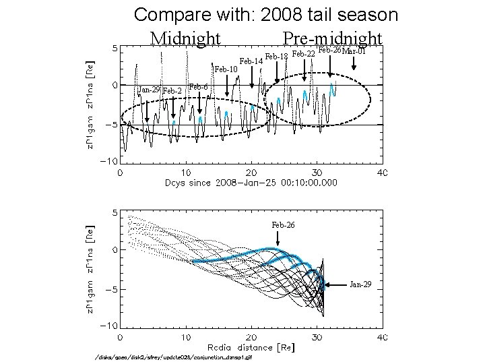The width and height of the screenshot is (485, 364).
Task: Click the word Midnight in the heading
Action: (185, 38)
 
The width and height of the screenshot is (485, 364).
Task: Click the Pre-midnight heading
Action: (333, 38)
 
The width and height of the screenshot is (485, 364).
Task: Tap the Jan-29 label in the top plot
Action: (148, 90)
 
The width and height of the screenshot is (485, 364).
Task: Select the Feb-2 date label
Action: (174, 91)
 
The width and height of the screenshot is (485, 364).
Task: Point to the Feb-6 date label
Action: (199, 87)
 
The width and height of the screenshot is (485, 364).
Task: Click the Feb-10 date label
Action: (226, 69)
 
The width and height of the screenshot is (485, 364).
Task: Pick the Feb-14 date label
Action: (251, 61)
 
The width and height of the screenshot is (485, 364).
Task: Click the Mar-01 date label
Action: (354, 51)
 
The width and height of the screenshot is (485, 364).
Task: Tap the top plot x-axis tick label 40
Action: (381, 173)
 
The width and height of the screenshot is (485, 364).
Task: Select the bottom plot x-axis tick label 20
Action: (251, 337)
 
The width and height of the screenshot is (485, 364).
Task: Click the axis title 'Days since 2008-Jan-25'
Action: (251, 183)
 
